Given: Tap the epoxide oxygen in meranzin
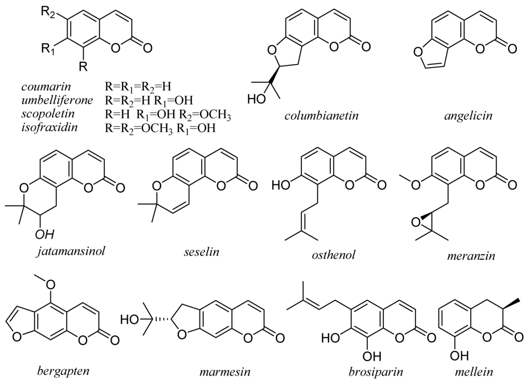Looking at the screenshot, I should [x=415, y=222].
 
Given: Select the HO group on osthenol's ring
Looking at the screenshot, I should [x=281, y=184].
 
